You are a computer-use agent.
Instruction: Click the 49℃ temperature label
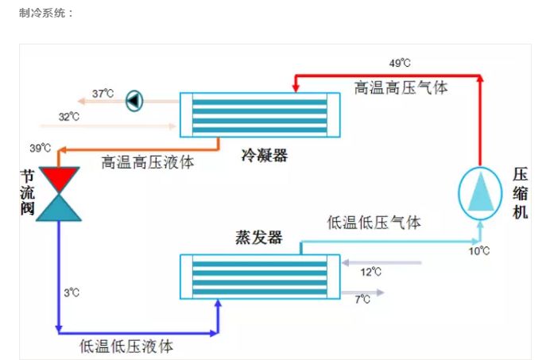pos(399,63)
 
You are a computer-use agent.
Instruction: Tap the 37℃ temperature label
pos(103,94)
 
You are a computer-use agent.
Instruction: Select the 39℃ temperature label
pos(41,148)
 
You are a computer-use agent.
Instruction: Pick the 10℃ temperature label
pos(478,251)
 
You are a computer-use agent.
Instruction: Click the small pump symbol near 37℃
pos(134,100)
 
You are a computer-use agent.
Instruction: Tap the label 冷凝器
pos(264,154)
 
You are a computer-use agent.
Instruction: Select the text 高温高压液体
pos(147,161)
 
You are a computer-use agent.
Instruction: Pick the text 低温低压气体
pos(374,223)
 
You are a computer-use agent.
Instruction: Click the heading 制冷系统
pos(45,14)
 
